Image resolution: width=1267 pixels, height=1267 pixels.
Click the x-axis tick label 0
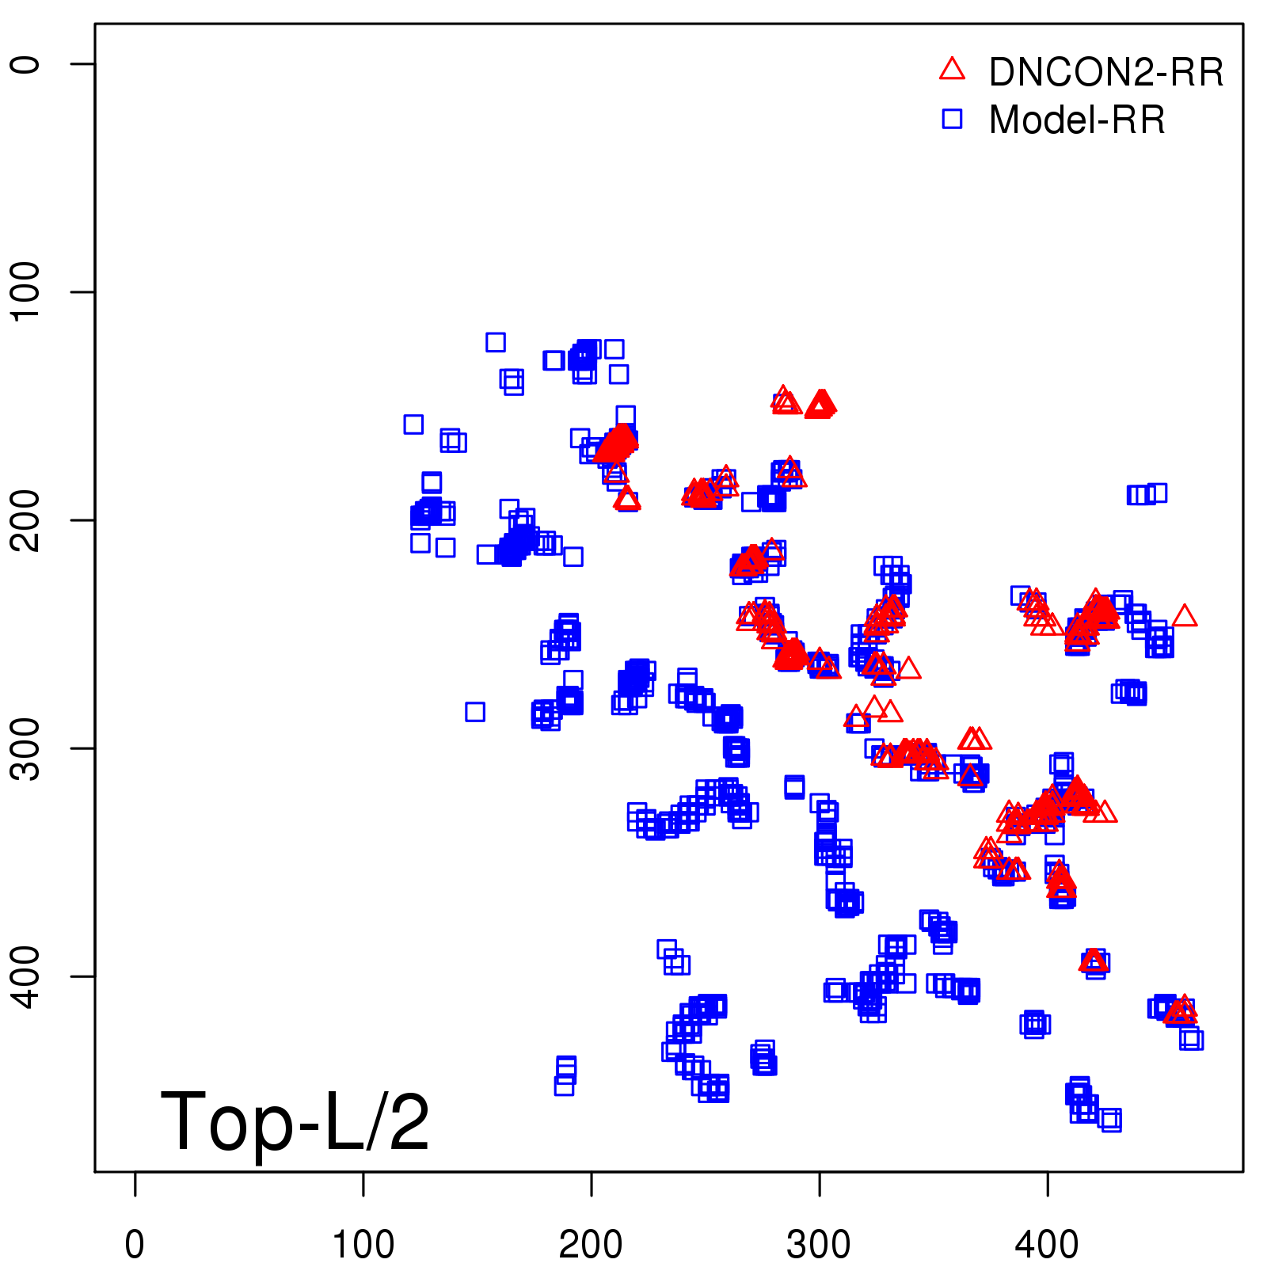[135, 1245]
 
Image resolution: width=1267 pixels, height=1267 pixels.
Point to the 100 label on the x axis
[363, 1245]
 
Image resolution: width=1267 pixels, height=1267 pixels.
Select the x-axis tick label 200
[591, 1245]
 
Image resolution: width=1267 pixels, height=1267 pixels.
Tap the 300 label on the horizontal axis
[819, 1245]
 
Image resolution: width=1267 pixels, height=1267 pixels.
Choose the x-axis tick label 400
[1047, 1245]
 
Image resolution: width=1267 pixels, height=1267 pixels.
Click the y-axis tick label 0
[25, 64]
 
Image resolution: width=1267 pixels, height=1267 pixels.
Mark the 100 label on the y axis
[25, 291]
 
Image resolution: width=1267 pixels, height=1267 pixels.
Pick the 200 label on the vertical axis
[25, 519]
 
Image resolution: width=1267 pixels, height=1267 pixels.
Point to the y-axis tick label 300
[25, 748]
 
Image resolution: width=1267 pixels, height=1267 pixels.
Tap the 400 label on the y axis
[25, 976]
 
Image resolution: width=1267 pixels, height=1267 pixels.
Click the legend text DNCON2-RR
[1106, 73]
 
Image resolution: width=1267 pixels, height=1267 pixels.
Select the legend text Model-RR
[1077, 120]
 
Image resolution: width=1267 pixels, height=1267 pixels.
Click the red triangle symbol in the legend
[952, 70]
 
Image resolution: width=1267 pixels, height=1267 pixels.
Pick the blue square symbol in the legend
[952, 119]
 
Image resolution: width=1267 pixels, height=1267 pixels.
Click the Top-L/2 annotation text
[295, 1121]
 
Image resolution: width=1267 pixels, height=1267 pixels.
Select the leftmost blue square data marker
[413, 424]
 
